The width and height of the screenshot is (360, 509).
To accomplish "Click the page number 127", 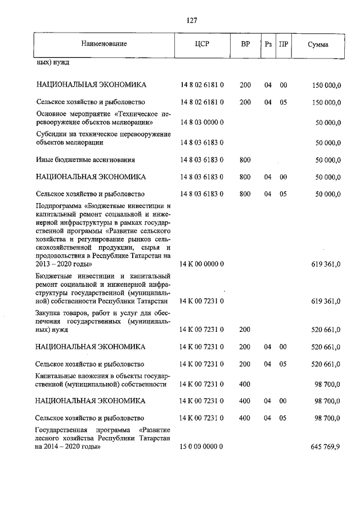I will [191, 21].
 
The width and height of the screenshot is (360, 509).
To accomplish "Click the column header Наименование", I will [104, 44].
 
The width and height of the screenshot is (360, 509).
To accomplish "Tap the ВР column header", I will [245, 44].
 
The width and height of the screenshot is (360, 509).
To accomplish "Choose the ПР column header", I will [283, 44].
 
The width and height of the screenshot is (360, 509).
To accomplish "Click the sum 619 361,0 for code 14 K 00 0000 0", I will [326, 263].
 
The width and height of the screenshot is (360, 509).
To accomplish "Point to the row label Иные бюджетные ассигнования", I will [84, 160].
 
